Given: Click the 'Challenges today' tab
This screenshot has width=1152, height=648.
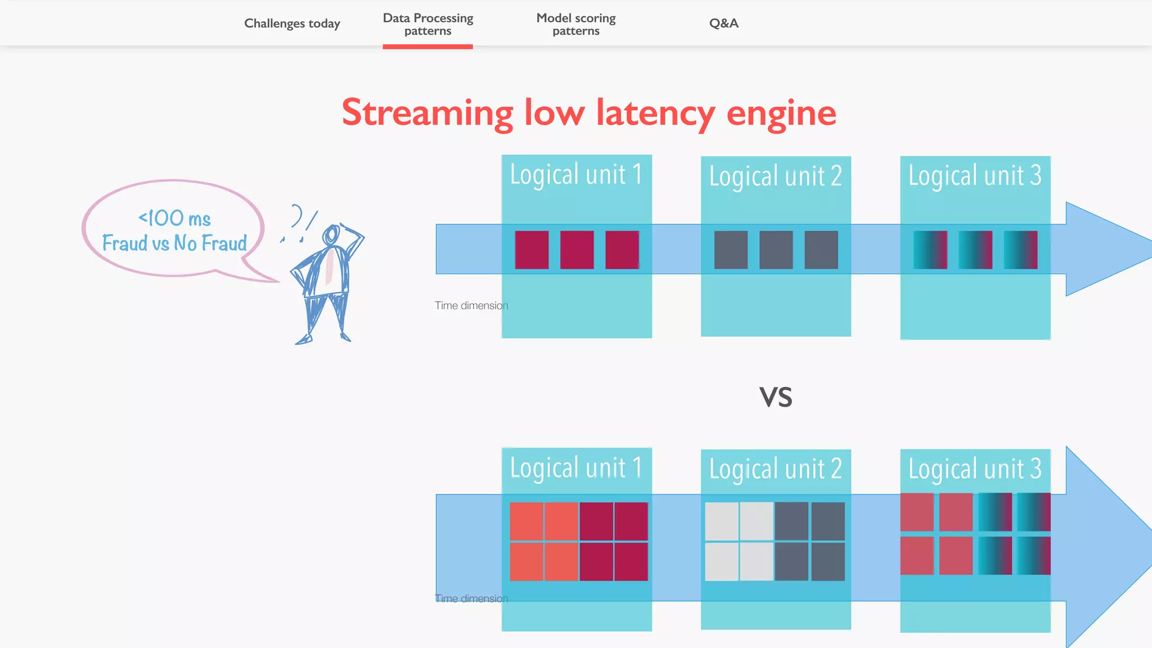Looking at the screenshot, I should (x=292, y=24).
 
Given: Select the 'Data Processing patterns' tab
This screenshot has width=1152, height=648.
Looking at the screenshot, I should (x=427, y=24).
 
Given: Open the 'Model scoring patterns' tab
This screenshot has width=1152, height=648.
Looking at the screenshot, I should (x=575, y=24).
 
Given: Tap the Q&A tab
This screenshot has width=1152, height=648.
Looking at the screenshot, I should (x=723, y=24).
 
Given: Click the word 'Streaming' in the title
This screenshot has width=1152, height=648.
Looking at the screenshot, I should (x=427, y=113).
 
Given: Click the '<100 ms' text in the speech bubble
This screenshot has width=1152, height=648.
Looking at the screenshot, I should (x=174, y=218).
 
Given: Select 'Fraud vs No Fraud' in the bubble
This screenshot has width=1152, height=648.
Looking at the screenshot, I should (x=174, y=243).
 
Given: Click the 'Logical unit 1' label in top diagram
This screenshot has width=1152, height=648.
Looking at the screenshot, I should (x=576, y=174).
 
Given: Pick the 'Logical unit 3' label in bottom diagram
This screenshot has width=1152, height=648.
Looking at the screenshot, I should (x=975, y=469).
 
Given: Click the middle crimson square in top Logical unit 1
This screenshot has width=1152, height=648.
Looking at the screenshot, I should (x=577, y=250).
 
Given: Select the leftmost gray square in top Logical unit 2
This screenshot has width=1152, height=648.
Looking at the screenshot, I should (x=731, y=250).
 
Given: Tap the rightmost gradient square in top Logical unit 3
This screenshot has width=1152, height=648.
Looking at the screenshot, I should (x=1020, y=250).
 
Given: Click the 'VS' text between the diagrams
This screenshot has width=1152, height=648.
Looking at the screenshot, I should (x=776, y=397).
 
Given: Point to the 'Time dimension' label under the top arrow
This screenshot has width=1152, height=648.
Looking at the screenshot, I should (x=471, y=305).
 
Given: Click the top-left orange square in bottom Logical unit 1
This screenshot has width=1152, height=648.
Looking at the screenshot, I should (x=526, y=521).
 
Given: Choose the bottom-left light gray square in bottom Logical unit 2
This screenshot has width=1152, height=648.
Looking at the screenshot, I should (x=722, y=561).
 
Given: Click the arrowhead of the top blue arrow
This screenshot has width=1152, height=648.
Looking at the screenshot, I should (x=1102, y=249).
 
